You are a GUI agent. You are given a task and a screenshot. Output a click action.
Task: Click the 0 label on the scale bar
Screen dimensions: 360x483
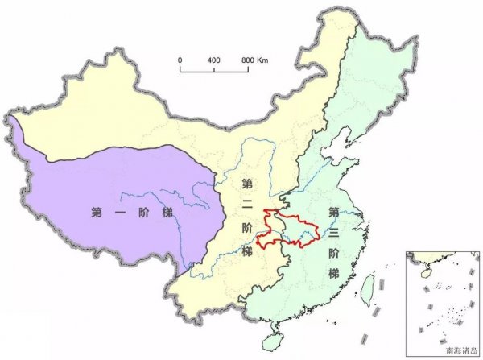coord(180,61)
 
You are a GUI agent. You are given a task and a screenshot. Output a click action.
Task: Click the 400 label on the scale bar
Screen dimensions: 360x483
coord(214,61)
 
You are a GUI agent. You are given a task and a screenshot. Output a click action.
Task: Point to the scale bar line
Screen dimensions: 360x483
coord(213,71)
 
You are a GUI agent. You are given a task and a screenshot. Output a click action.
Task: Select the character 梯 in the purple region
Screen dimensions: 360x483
coord(167,213)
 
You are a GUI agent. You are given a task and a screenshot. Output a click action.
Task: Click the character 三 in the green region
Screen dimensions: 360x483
coord(332,233)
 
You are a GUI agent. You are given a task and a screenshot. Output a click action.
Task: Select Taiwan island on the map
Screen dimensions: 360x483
coord(370,288)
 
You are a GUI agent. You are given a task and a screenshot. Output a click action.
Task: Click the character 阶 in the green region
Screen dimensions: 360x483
coord(332,253)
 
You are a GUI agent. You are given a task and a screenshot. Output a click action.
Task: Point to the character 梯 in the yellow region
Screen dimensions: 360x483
coord(247,249)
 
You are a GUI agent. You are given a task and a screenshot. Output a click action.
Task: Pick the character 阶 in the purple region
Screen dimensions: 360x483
coord(143,213)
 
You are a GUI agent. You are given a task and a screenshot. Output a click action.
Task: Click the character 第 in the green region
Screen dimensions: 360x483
coord(332,213)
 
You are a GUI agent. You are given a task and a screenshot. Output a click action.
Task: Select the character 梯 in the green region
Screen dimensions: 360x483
coord(332,273)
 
